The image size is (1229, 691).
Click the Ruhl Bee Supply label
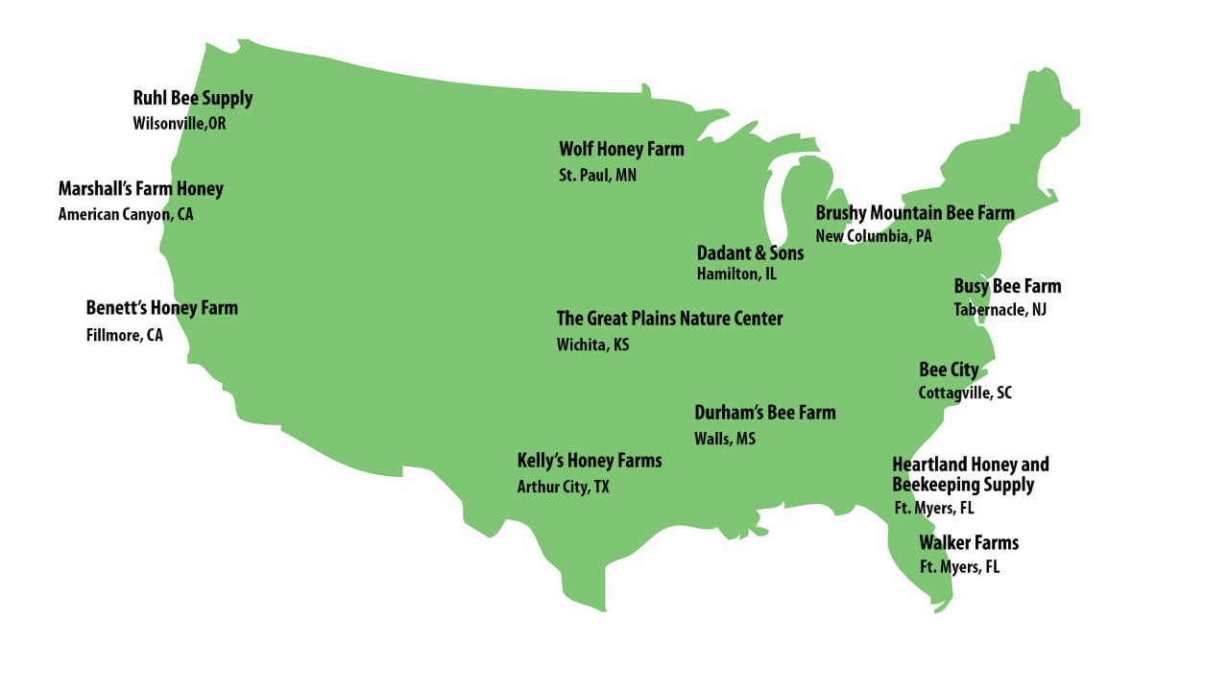192,98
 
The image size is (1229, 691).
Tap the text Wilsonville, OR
180,124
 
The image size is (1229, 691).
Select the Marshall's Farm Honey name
140,189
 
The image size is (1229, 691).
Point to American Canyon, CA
125,215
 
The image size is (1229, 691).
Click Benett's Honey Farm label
161,308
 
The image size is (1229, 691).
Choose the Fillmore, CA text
124,336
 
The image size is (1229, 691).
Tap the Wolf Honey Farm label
621,150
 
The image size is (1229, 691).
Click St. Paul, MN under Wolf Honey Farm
597,176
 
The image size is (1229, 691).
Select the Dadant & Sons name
750,254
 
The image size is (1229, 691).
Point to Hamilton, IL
736,274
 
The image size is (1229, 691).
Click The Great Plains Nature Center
669,319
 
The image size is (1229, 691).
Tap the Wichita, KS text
592,345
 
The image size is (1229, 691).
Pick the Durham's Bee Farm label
764,413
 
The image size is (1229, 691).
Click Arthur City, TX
563,488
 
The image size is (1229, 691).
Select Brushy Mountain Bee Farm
914,213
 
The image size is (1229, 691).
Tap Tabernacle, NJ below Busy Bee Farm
1000,310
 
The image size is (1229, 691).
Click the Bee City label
949,370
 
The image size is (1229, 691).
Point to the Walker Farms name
968,543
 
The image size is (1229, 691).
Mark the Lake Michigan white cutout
776,206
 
